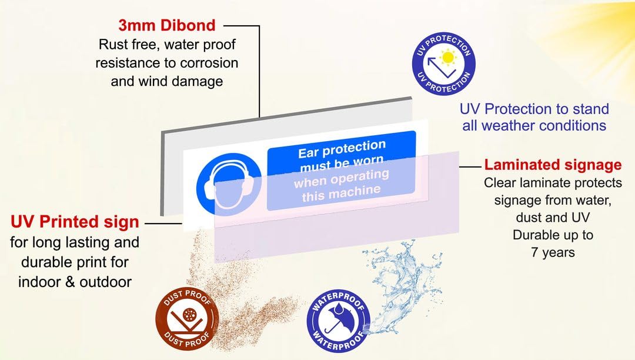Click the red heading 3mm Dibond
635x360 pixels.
coord(167,25)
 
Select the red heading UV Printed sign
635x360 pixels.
coord(75,222)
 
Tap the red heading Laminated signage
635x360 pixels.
coord(553,164)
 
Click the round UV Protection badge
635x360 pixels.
coord(443,64)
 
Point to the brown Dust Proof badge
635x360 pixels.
coord(187,318)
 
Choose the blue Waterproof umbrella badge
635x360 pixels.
coord(339,321)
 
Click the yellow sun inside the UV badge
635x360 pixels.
coord(448,57)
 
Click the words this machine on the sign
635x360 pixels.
coord(341,193)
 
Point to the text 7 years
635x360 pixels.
coord(553,252)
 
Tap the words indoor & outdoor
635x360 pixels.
coord(75,282)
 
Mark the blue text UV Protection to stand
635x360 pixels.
coord(534,109)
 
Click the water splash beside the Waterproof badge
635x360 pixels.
coord(401,279)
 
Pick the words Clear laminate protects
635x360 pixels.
coord(553,182)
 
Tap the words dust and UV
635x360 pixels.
coord(553,218)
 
